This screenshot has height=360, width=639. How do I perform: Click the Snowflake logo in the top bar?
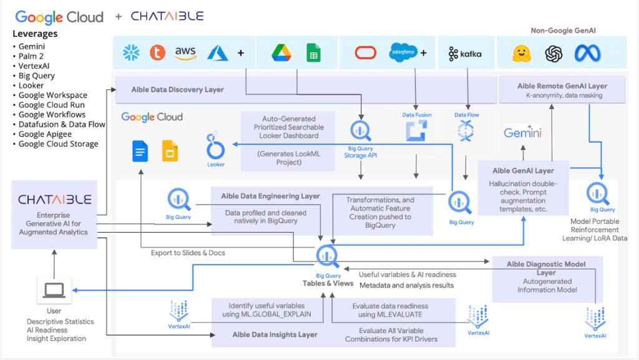tap(131, 52)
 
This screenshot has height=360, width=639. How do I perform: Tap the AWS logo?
tap(185, 53)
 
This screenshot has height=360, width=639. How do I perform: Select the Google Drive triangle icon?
tap(282, 53)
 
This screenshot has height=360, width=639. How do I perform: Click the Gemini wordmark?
tap(522, 133)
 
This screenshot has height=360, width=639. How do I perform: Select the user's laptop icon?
tap(54, 290)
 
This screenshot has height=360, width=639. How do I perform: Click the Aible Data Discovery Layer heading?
tap(177, 89)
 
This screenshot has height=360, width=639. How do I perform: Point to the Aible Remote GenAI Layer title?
tap(562, 85)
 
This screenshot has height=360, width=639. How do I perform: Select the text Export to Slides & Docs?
tap(188, 253)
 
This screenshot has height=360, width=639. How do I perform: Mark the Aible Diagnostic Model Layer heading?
tap(547, 268)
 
